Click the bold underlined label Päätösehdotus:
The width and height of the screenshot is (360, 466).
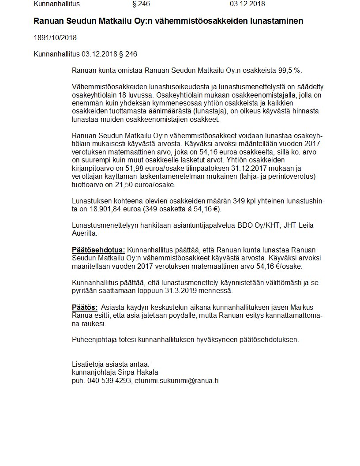coord(98,250)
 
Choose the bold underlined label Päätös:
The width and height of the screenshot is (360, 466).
coord(85,307)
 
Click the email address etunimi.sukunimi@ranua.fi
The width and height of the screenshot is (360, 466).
coord(176,380)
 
